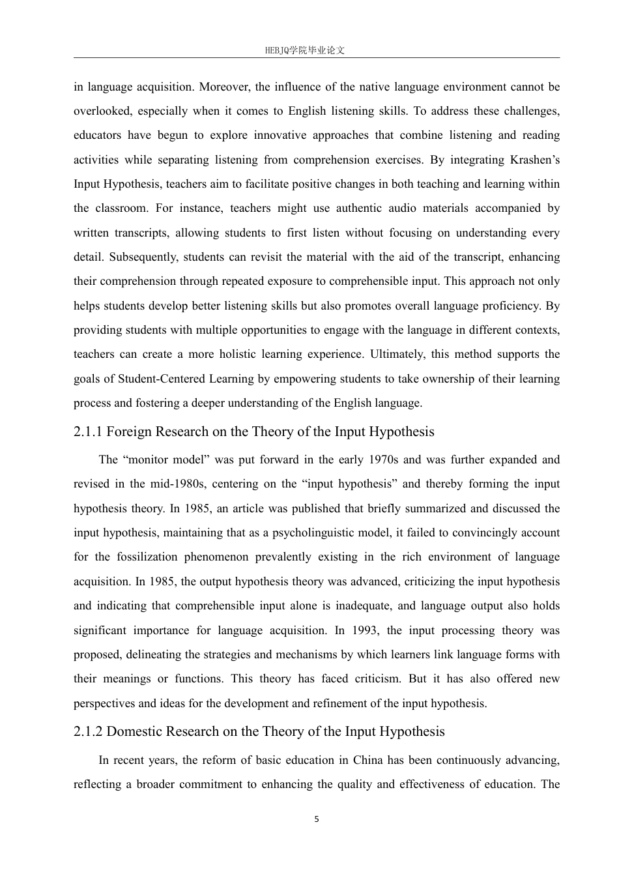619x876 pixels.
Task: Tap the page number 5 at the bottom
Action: click(x=317, y=819)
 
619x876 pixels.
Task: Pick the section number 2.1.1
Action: click(x=88, y=431)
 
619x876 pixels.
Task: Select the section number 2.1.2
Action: click(x=88, y=731)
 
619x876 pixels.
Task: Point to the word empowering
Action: click(x=303, y=379)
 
